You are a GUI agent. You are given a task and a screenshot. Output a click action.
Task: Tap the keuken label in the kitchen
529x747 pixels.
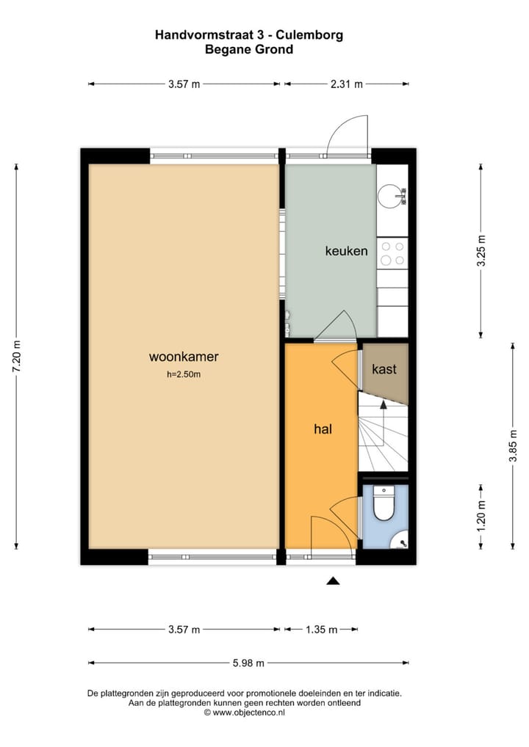tap(346, 251)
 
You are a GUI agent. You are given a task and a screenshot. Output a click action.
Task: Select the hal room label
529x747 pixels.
tap(323, 429)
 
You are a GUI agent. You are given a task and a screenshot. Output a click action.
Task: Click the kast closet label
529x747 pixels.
tap(384, 368)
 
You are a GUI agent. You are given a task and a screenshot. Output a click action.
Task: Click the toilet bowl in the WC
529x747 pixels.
tap(384, 505)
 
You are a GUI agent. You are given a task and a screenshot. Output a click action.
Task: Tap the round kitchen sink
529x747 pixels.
tap(391, 195)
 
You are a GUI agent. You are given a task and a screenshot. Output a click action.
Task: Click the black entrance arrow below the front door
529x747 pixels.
tap(333, 581)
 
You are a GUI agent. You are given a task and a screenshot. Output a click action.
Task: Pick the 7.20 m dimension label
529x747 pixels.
tap(17, 357)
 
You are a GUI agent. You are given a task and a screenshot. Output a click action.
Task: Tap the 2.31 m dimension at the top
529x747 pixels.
tap(346, 84)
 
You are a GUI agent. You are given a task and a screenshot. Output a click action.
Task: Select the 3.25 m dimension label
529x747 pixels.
tap(482, 251)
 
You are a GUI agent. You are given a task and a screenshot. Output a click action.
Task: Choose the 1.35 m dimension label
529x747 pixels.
tap(322, 630)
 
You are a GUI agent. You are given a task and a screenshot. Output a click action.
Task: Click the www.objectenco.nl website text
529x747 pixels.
tap(248, 712)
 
